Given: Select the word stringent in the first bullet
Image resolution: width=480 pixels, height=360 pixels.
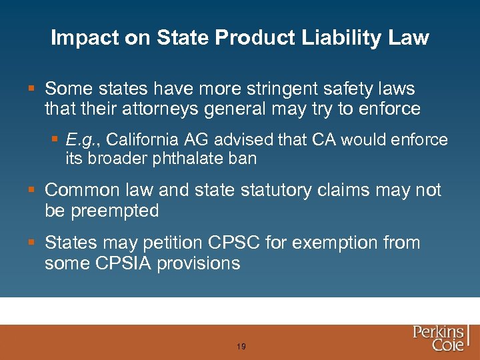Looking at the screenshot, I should pos(281,89).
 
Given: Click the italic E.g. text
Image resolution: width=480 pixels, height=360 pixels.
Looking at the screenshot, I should pos(82,140).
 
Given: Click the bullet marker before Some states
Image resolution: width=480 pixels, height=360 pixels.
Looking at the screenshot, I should pos(33,89).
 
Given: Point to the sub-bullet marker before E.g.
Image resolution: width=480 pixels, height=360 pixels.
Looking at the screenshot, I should pos(55,140).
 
